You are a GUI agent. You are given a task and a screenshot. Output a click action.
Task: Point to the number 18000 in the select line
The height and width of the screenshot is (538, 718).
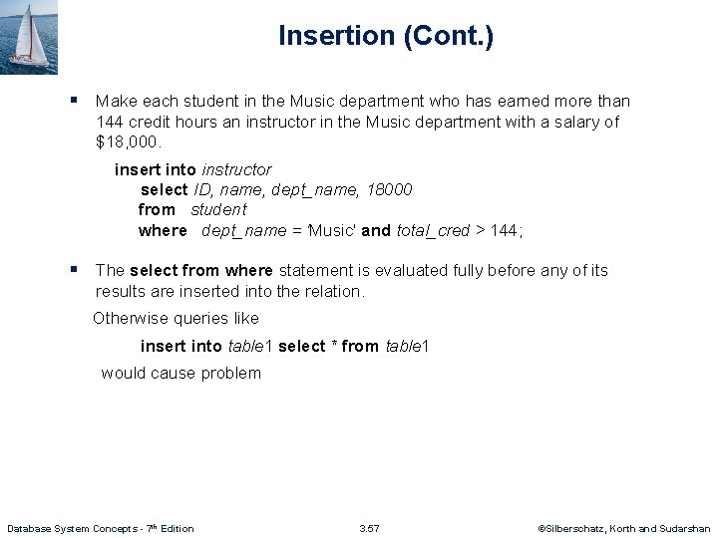click(x=387, y=189)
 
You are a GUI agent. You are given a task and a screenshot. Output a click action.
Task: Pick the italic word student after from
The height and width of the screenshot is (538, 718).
click(x=218, y=209)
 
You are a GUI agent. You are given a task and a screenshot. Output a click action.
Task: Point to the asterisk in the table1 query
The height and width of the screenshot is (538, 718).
click(x=332, y=346)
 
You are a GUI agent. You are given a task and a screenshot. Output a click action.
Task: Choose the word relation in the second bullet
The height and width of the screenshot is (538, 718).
click(x=333, y=291)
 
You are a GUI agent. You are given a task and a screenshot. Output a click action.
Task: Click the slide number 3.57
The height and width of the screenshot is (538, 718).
click(x=369, y=528)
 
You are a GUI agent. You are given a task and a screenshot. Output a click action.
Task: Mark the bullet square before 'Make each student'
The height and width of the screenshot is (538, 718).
click(x=74, y=100)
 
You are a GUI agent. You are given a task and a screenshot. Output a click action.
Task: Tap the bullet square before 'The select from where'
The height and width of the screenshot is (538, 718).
click(x=74, y=269)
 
